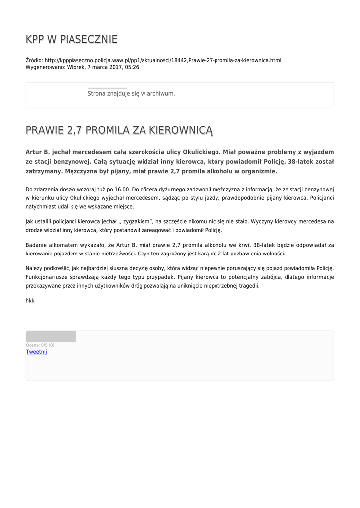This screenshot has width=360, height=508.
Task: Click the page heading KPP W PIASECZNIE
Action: pos(72,39)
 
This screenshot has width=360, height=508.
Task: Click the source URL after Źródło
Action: pos(163,60)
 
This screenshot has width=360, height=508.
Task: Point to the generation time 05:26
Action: pos(132,67)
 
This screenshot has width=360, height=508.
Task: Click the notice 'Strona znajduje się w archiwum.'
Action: pos(131,93)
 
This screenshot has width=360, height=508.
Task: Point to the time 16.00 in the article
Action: pos(122,189)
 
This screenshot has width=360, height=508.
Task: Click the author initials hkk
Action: pos(30,301)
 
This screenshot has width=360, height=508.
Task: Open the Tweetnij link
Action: pos(36,352)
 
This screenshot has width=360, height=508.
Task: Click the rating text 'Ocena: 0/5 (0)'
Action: pos(40,345)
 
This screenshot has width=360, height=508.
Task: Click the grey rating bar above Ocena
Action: pos(51,337)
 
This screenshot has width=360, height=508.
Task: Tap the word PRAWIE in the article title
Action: pos(44,130)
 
